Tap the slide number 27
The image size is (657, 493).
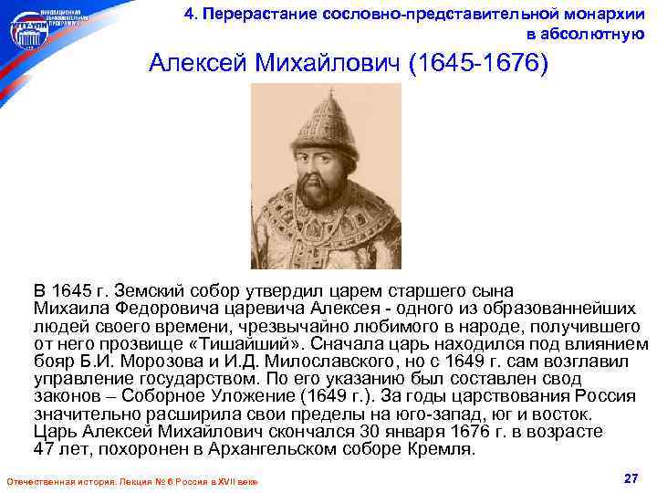point(628,478)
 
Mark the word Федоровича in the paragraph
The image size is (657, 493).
point(150,309)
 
